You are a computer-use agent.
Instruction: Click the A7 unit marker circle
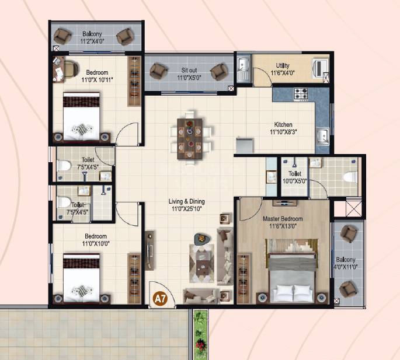pos(158,299)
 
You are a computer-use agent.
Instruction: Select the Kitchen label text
pos(283,125)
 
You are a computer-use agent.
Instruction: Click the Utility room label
pos(284,65)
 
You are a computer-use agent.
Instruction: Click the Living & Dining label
pos(187,202)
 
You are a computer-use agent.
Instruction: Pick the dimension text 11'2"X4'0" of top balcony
pos(92,42)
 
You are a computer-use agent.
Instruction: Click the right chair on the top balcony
pos(124,37)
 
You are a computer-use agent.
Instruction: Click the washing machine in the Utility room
pos(321,67)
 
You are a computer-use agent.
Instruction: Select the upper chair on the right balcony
pos(349,235)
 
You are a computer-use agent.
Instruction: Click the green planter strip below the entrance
pos(200,335)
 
